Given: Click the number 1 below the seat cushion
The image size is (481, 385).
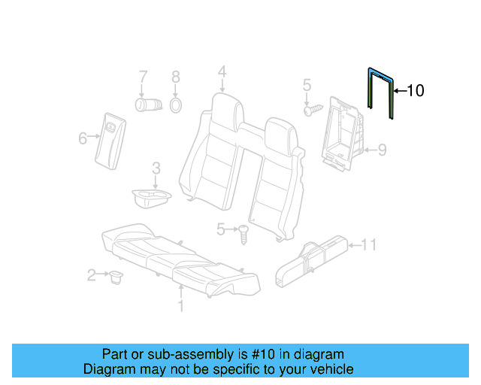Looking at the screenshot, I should pos(180,306).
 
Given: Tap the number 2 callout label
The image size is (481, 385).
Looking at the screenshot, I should pos(92,276).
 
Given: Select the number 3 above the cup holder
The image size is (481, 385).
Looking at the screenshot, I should pos(155,168).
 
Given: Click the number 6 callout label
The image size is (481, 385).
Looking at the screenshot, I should pos(83,137).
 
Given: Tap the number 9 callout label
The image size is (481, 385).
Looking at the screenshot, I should pos(382,150).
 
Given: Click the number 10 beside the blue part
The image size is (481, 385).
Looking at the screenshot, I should pos(415,91).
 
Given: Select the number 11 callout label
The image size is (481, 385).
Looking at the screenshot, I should pos(368,244).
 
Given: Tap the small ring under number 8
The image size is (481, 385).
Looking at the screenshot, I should pos(175,104).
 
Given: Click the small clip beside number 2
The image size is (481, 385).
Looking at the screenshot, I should pos(116,277).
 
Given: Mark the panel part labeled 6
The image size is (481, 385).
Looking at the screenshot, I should pos(109,137).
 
